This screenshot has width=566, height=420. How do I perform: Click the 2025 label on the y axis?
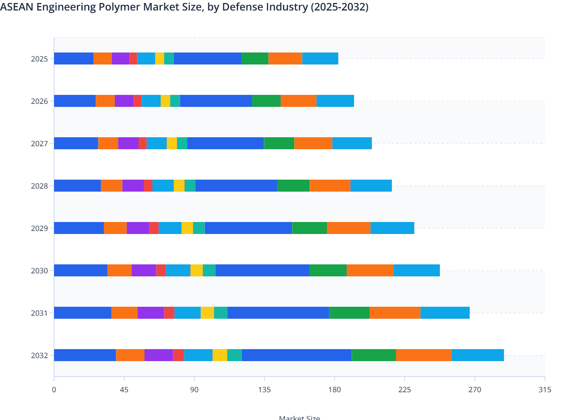tap(39, 59)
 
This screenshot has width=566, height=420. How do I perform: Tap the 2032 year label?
tap(39, 355)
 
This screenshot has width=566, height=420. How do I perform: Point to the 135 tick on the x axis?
tap(264, 390)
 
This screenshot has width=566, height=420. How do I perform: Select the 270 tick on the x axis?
tap(474, 390)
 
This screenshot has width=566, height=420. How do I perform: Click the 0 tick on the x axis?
tap(54, 390)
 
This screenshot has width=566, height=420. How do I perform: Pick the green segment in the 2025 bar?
tap(255, 58)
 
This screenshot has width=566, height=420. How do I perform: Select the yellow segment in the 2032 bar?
tap(220, 355)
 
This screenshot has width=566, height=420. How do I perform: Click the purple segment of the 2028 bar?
tap(133, 186)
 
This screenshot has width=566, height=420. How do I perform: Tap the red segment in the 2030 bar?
tap(161, 270)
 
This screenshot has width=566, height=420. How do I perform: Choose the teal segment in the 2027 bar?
tap(182, 143)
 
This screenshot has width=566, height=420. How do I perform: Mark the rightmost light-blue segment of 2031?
tap(445, 313)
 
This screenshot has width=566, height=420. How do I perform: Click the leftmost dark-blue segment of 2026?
tap(75, 101)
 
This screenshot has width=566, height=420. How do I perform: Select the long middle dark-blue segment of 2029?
tap(248, 228)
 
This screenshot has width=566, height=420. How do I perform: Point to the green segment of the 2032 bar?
tap(374, 355)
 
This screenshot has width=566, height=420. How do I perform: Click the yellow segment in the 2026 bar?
tap(165, 101)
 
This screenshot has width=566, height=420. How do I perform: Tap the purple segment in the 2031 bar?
tap(151, 313)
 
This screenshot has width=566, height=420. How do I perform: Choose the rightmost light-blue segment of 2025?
tap(320, 58)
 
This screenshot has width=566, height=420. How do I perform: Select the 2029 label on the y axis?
tap(39, 228)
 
